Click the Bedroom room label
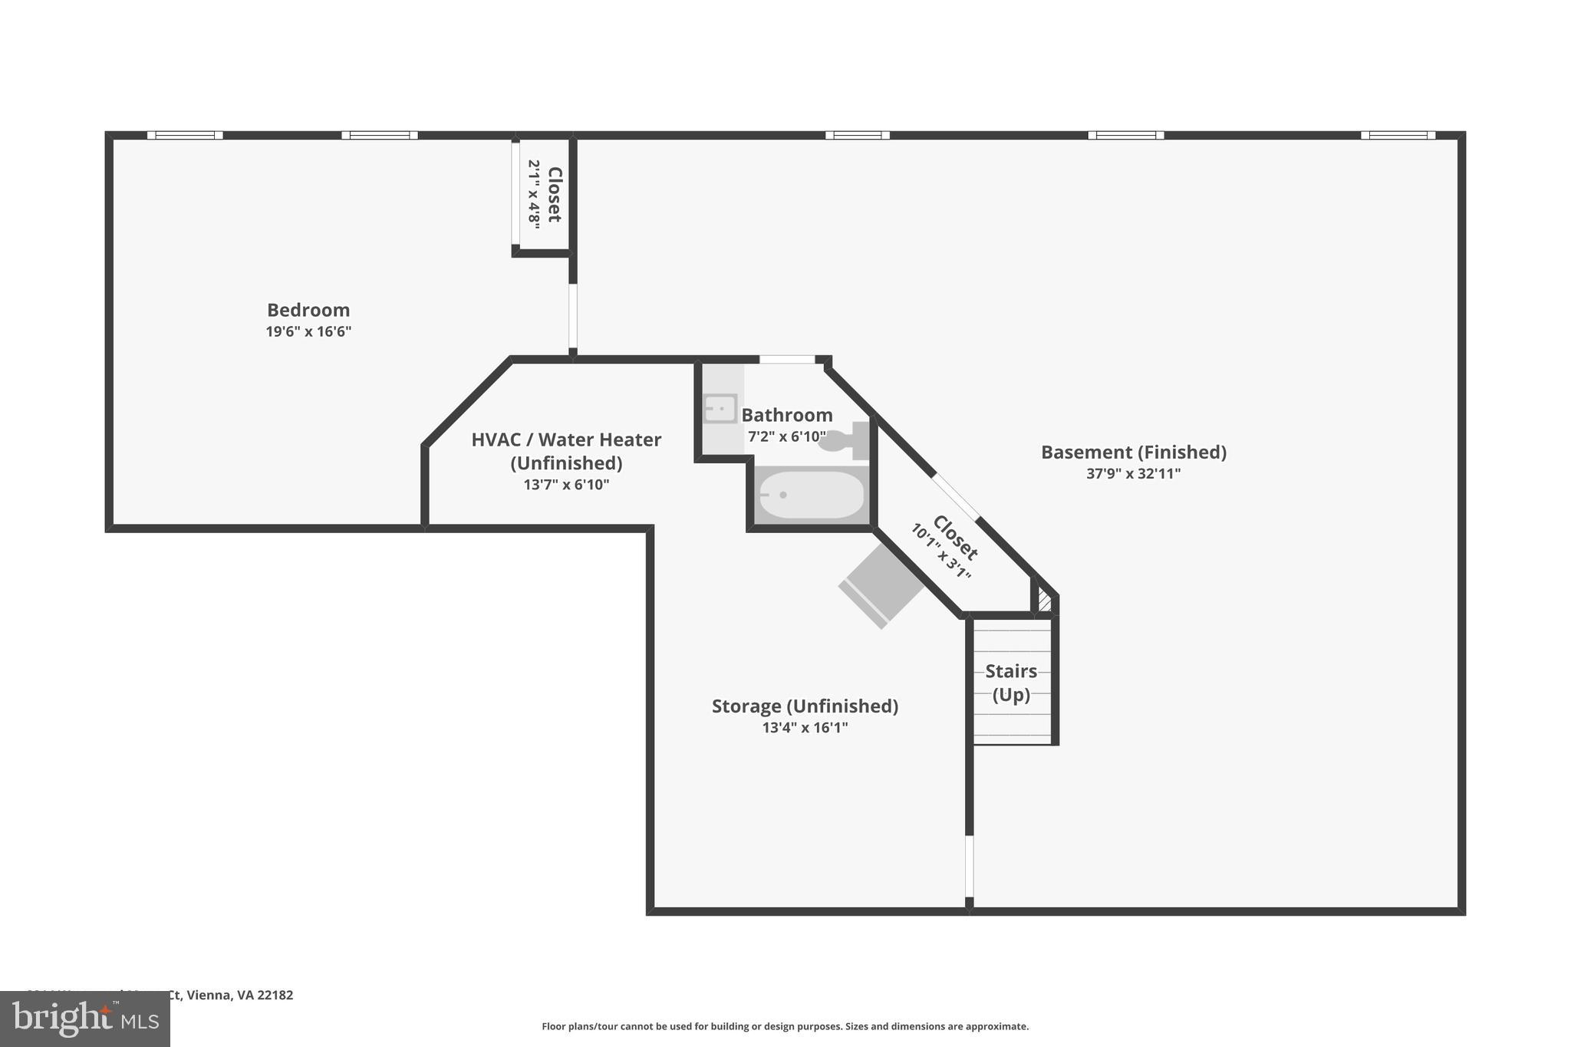308,310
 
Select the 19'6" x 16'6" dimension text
308,331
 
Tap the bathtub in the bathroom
811,495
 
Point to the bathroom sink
720,409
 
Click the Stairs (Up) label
1011,683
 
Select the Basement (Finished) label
1133,452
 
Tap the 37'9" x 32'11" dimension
1133,473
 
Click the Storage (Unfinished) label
805,706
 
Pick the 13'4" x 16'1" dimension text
805,727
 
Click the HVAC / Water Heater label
566,440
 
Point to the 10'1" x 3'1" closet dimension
940,552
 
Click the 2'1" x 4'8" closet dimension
534,193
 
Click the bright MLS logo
84,1019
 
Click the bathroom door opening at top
786,360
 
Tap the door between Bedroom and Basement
573,317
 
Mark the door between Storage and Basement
969,865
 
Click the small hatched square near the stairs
1044,599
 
